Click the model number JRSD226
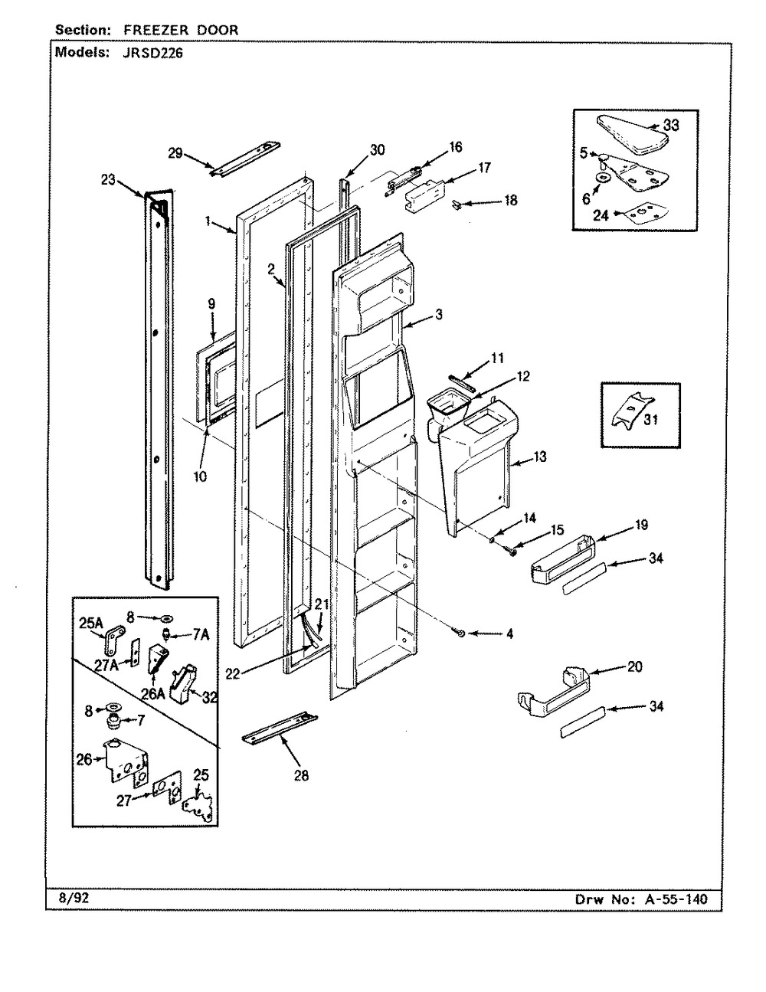click(x=152, y=54)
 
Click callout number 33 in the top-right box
click(x=670, y=125)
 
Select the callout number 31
click(x=650, y=419)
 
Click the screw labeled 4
click(x=460, y=633)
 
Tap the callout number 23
click(x=108, y=180)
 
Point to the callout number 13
click(x=539, y=457)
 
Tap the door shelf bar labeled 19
click(x=563, y=560)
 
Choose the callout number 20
click(x=634, y=666)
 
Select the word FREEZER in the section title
click(x=156, y=30)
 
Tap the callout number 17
click(x=484, y=168)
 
